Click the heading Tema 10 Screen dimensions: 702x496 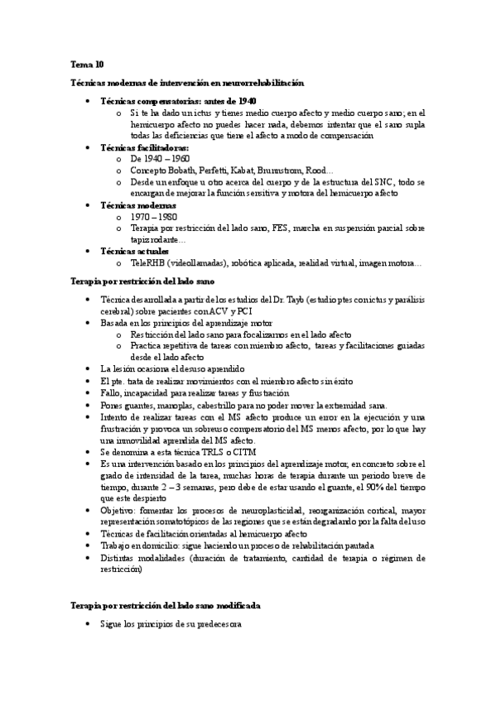(x=87, y=64)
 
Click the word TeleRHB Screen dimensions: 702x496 (x=149, y=263)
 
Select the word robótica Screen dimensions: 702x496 (x=252, y=263)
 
